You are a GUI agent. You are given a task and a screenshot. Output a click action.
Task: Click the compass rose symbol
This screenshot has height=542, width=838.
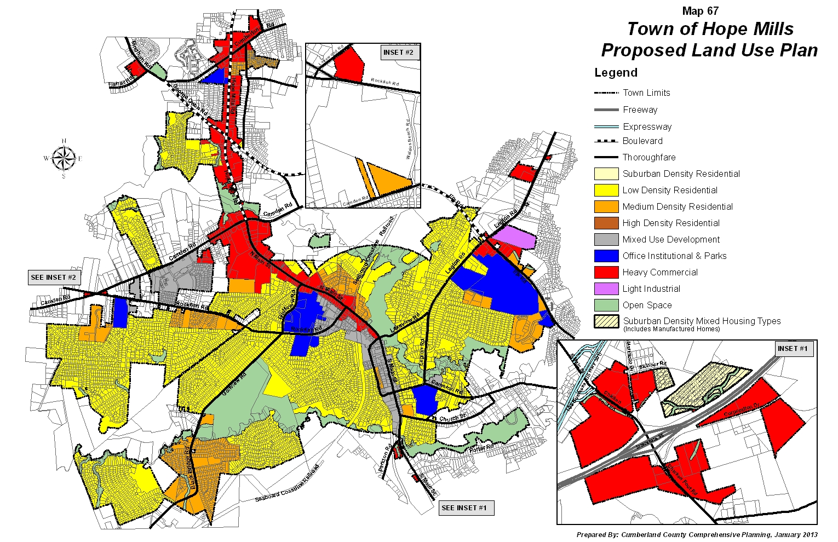tap(64, 159)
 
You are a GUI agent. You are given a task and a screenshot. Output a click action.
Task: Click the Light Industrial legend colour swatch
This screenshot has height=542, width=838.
tap(606, 289)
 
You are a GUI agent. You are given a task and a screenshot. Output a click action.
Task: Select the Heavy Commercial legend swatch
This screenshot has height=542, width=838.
tap(606, 272)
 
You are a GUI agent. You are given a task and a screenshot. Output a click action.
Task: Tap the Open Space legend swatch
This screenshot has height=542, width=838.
tap(606, 305)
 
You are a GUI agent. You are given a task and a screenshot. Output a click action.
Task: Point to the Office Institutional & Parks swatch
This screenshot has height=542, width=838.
tap(606, 256)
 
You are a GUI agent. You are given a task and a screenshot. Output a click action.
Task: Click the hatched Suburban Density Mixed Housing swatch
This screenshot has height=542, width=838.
tap(606, 321)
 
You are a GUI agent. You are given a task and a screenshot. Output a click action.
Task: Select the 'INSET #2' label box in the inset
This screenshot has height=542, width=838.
tap(398, 53)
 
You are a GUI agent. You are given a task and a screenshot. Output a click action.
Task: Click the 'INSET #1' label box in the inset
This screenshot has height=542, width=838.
tap(792, 349)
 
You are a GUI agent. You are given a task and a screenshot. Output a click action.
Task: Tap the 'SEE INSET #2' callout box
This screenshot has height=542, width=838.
tap(54, 278)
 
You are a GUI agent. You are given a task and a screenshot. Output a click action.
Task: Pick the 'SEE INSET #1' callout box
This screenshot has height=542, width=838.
tap(464, 508)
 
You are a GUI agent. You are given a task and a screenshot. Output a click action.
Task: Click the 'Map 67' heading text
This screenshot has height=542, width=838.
tap(700, 11)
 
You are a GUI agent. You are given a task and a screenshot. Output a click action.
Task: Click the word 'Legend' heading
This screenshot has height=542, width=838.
tap(616, 73)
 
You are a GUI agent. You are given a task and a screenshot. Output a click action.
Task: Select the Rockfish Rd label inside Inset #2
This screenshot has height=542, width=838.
tap(384, 82)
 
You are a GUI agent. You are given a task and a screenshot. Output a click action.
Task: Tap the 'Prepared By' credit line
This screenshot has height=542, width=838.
tap(697, 535)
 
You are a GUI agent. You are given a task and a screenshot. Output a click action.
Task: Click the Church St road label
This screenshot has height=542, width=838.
tap(452, 418)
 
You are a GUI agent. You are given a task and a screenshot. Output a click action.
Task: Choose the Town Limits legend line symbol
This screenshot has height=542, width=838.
tap(606, 93)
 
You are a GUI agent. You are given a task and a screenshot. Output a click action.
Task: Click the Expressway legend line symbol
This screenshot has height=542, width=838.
tap(606, 126)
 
